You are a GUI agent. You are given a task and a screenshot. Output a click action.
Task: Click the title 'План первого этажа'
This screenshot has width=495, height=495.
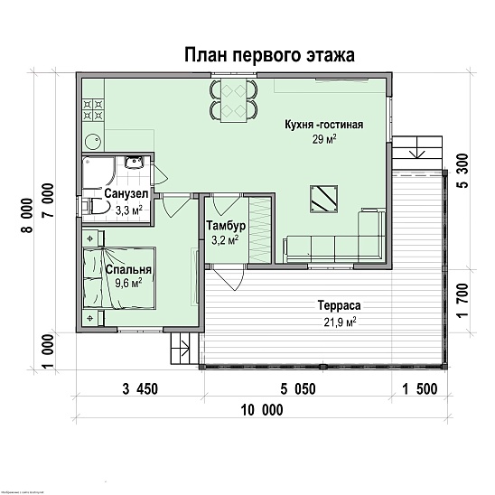(x=269, y=55)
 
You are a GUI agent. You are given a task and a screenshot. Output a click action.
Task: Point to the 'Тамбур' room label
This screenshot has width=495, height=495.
(x=222, y=226)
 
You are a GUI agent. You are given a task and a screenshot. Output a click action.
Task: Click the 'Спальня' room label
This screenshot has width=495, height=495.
(x=128, y=268)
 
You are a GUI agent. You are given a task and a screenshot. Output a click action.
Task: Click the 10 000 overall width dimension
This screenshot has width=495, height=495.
(x=260, y=409)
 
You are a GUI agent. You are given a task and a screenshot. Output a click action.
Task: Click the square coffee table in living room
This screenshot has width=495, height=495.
(x=323, y=197)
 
